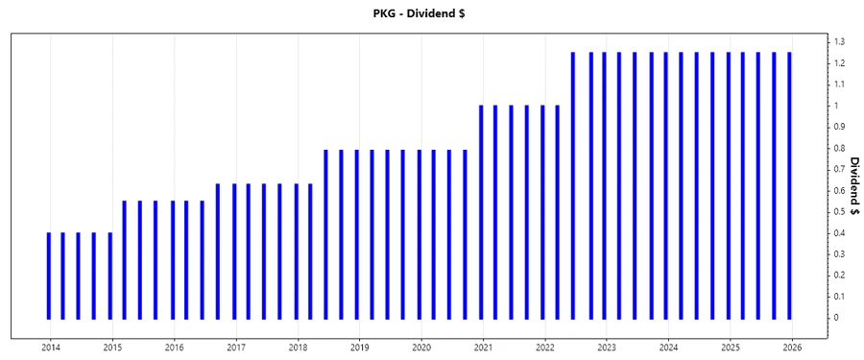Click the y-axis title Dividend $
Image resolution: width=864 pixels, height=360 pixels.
(852, 186)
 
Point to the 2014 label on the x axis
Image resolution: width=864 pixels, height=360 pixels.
(51, 348)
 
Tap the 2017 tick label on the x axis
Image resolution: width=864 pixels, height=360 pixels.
(236, 348)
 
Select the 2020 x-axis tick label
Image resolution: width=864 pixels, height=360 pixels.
(421, 348)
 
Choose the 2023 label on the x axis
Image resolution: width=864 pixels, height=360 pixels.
(607, 348)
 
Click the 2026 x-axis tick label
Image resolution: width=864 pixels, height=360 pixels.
(792, 348)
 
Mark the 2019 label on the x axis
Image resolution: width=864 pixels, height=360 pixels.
(360, 348)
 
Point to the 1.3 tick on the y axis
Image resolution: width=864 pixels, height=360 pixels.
(839, 42)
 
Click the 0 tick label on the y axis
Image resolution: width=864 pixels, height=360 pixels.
(837, 318)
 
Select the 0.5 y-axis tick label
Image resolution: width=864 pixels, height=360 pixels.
(839, 212)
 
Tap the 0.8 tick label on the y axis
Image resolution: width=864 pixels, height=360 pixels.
(839, 149)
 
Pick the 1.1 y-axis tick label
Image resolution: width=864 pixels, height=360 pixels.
(839, 84)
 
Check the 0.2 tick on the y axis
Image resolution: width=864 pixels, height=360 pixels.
(839, 276)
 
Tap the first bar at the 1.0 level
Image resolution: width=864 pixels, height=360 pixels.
(480, 211)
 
